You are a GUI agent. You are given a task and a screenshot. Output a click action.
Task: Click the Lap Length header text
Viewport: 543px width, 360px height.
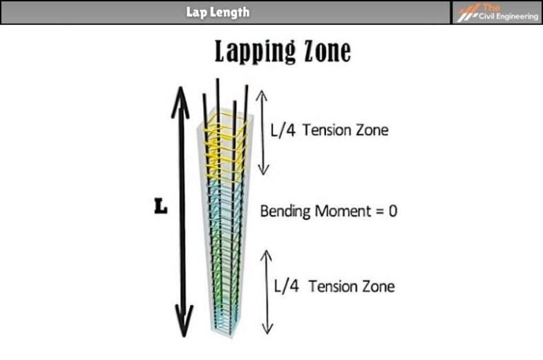point(218,12)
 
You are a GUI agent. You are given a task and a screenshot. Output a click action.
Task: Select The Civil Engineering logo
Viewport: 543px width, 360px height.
point(497,12)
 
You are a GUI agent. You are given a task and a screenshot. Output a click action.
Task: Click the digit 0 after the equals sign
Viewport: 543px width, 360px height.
point(392,211)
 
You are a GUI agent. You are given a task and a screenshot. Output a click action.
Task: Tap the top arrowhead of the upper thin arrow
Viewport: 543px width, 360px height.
point(262,93)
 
